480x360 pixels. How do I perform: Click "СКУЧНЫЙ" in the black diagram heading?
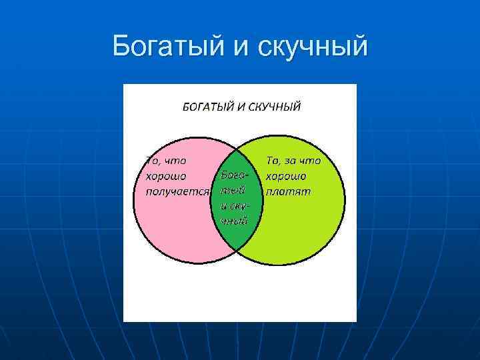(275, 107)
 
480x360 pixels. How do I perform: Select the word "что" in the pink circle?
(176, 161)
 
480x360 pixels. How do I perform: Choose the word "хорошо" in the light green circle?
(285, 176)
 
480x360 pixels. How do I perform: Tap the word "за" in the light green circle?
(294, 161)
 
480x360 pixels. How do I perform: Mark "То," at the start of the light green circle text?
(275, 161)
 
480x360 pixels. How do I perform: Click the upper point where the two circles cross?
(238, 147)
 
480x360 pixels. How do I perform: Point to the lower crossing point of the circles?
(238, 250)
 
